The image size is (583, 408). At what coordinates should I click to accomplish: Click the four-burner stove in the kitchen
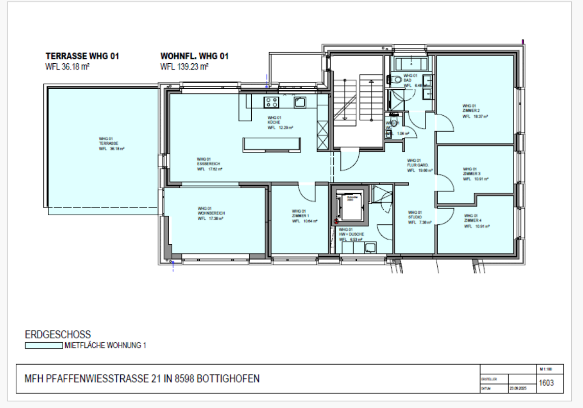point(271,102)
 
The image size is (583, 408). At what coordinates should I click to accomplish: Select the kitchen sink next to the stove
point(299,102)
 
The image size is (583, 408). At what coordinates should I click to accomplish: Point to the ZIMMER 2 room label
point(470,110)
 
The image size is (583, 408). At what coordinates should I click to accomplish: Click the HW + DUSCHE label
point(351,234)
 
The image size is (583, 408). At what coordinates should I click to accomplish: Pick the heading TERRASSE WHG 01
point(82,56)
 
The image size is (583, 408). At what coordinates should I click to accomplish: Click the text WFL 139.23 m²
point(184,66)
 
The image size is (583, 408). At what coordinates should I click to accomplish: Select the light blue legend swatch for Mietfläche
point(44,345)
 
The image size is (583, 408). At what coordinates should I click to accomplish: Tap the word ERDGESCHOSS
point(58,335)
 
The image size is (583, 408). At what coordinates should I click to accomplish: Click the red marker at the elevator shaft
point(335,221)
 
